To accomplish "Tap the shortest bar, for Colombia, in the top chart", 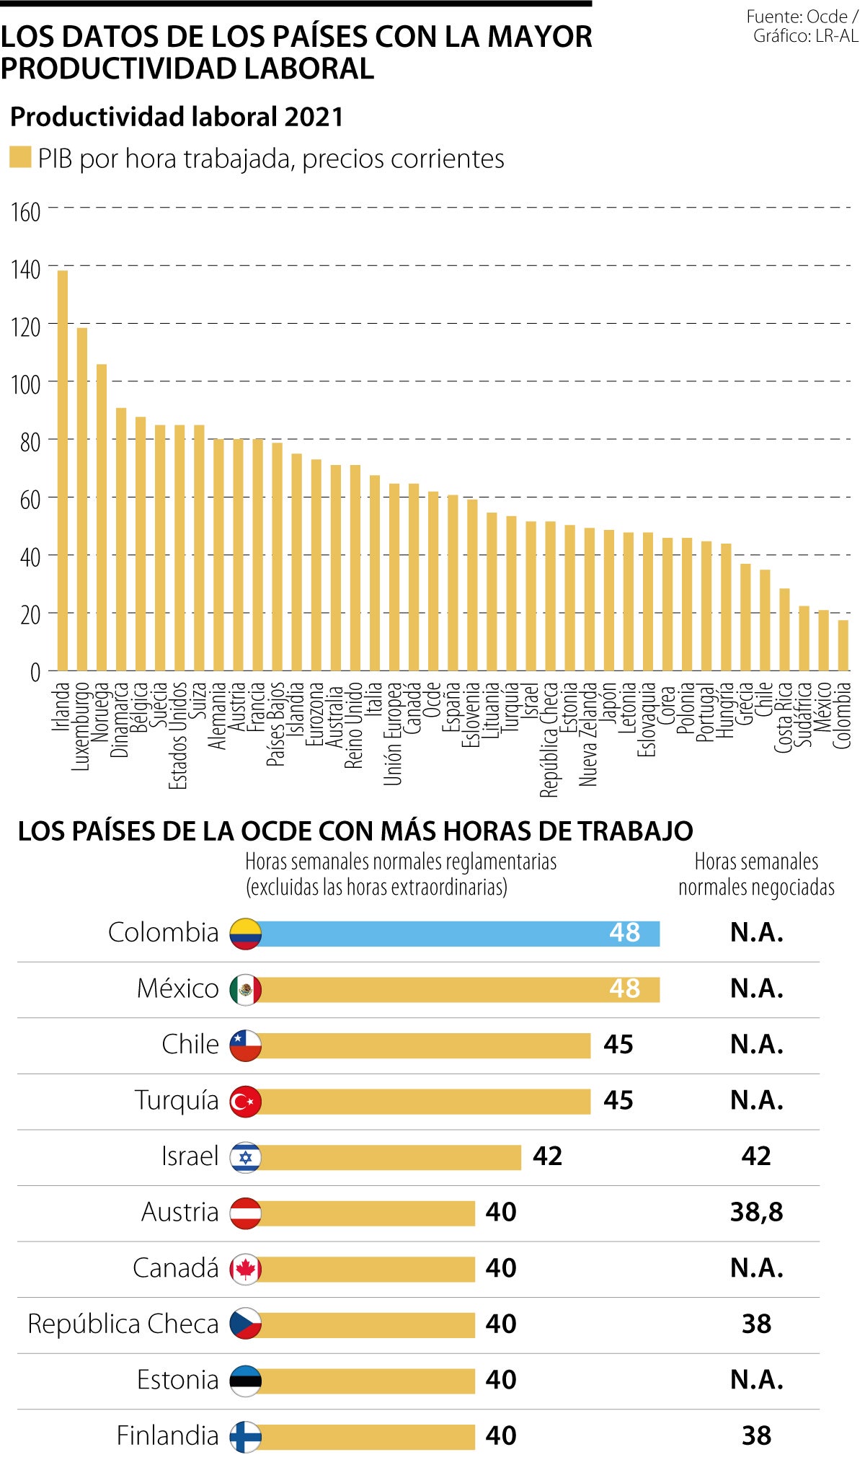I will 843,645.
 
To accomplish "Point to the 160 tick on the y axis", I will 25,213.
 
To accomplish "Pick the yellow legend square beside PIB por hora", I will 20,158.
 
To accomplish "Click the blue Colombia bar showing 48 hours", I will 458,933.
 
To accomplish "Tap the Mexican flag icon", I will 245,989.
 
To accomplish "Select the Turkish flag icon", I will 245,1101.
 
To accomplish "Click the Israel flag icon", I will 245,1157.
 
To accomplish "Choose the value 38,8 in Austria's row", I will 756,1213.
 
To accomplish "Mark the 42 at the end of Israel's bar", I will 547,1156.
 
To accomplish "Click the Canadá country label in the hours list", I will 176,1268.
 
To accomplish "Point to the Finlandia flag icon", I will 245,1436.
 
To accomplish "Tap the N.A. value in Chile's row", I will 756,1045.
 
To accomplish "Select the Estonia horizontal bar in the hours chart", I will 366,1381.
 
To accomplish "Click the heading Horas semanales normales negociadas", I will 756,874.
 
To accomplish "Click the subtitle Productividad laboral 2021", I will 177,117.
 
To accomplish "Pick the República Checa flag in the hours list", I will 245,1324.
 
